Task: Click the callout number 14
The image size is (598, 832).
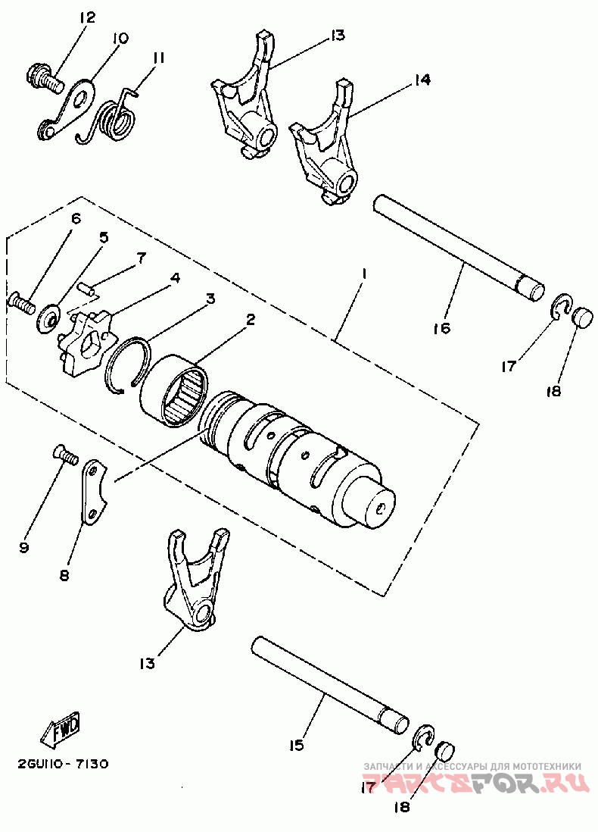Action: point(422,80)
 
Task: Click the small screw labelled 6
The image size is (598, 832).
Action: point(21,304)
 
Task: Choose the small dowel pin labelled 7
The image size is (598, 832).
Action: point(89,287)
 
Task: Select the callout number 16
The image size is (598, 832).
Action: point(442,328)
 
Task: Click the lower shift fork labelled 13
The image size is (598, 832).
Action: point(195,583)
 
